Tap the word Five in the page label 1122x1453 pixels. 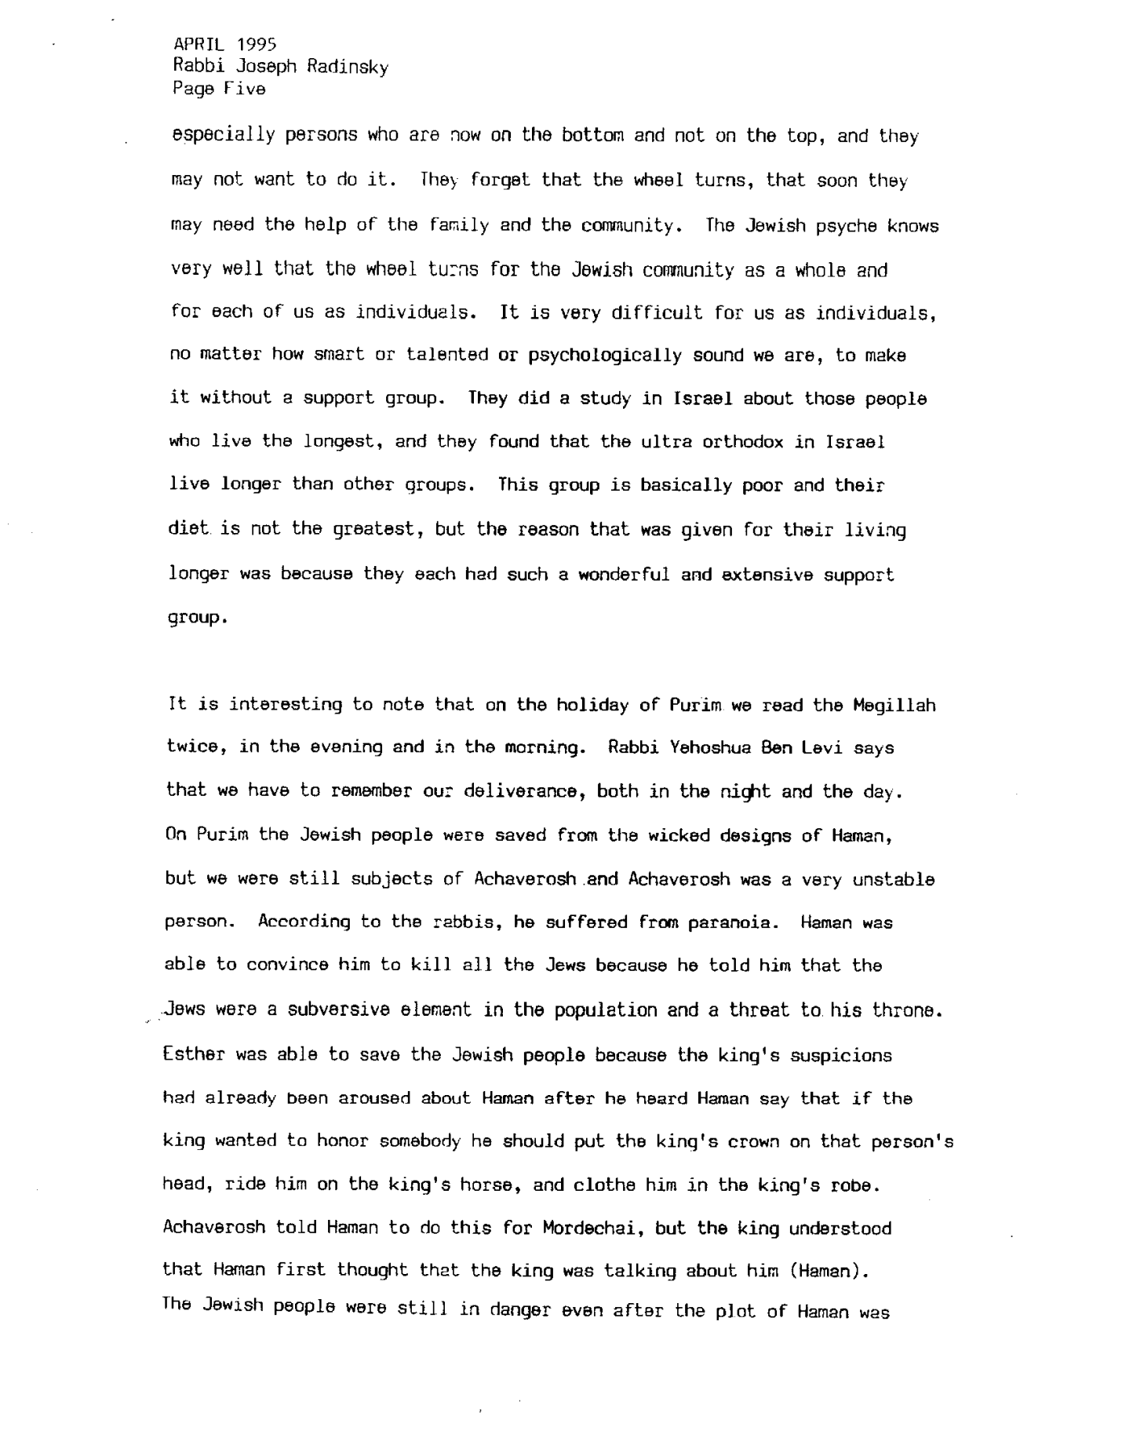[243, 89]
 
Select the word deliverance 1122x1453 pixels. [512, 790]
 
